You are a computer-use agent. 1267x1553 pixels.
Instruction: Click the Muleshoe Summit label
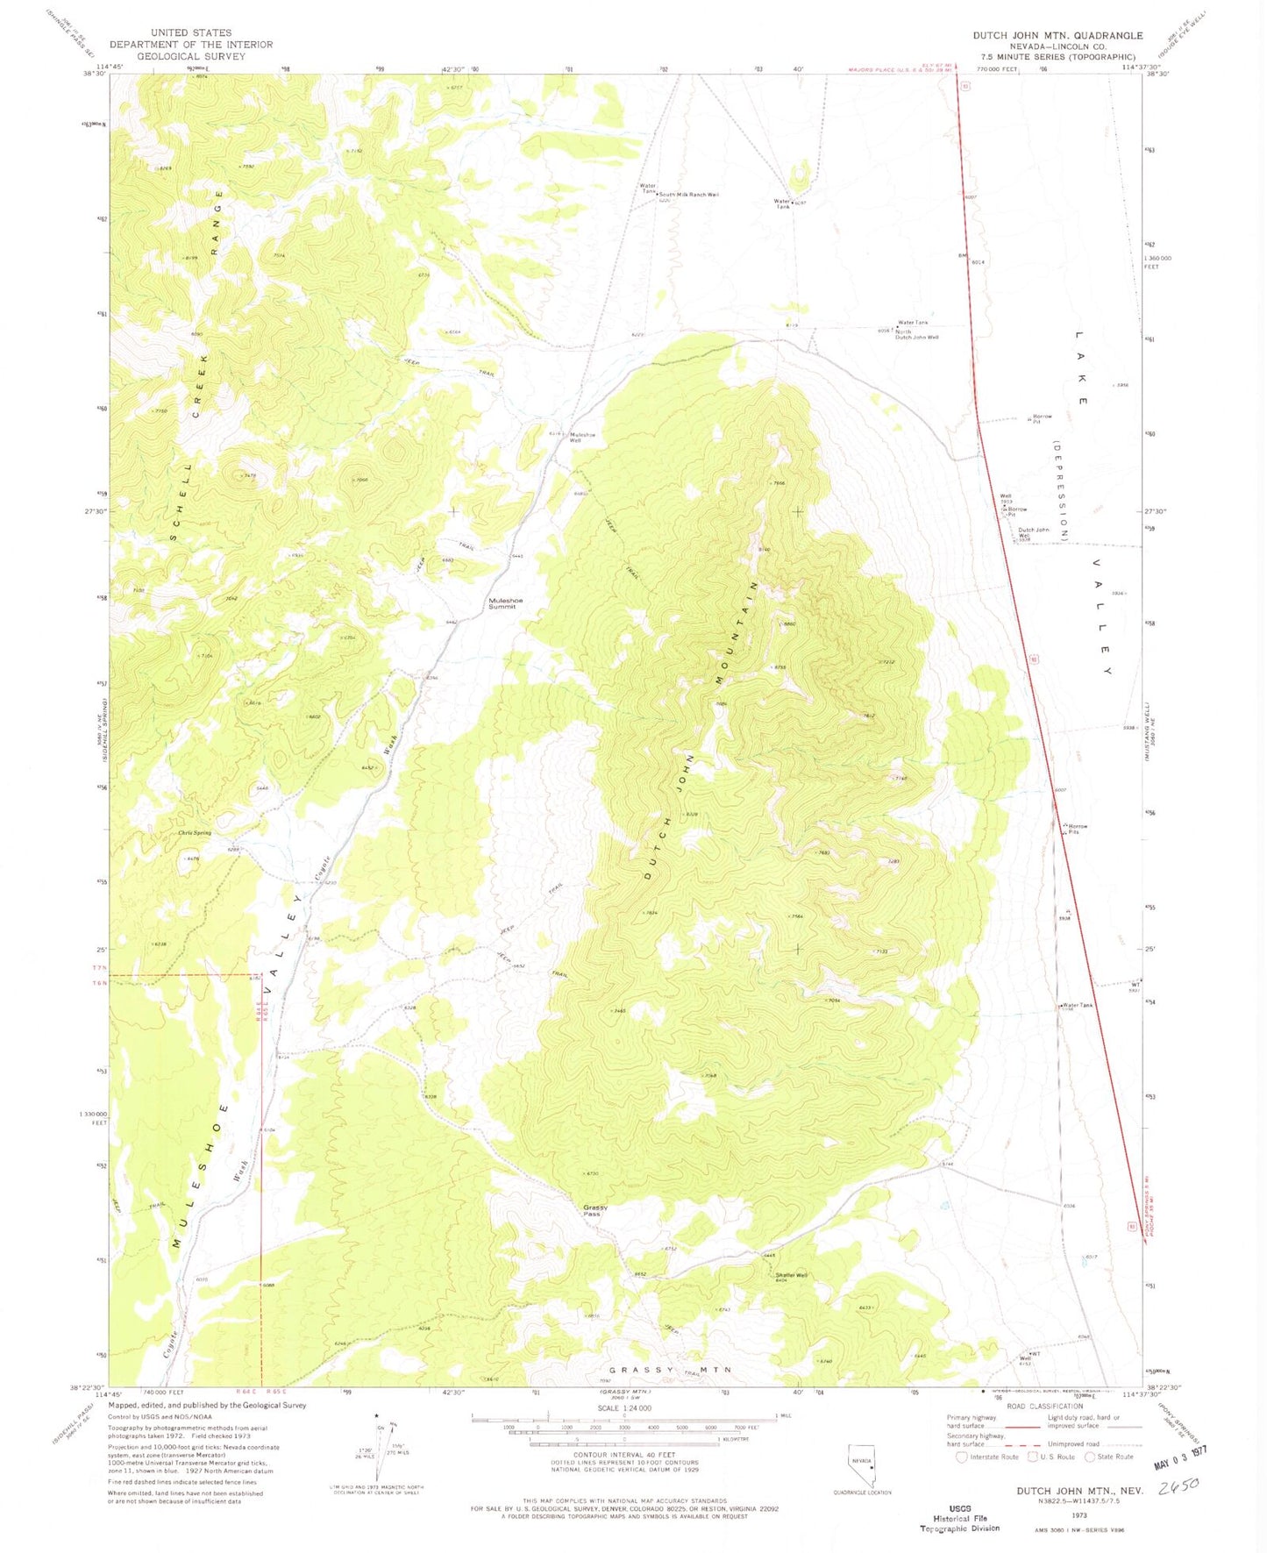(x=505, y=603)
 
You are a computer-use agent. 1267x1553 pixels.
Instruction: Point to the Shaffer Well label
(x=791, y=1275)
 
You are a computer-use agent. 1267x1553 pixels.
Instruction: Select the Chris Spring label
(x=195, y=832)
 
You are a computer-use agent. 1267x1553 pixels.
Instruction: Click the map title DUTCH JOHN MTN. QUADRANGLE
(x=1057, y=36)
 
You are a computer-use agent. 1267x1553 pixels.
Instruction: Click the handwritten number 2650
(x=1179, y=1487)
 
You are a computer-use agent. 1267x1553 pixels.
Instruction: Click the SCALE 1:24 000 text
(x=623, y=1408)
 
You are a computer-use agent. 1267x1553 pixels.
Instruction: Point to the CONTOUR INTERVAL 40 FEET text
(x=623, y=1455)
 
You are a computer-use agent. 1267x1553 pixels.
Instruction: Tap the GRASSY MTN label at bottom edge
(x=670, y=1370)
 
